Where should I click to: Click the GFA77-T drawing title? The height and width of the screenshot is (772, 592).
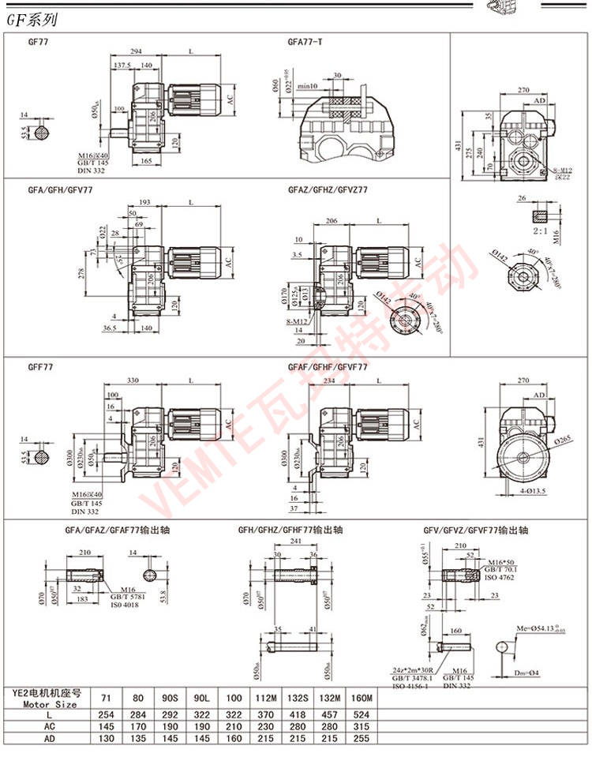click(305, 41)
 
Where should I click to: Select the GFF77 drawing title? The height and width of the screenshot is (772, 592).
click(39, 368)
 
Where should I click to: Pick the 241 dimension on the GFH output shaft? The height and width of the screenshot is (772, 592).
click(298, 543)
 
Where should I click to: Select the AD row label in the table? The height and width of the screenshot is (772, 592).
click(48, 741)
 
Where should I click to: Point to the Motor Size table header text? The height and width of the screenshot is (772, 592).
click(49, 704)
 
